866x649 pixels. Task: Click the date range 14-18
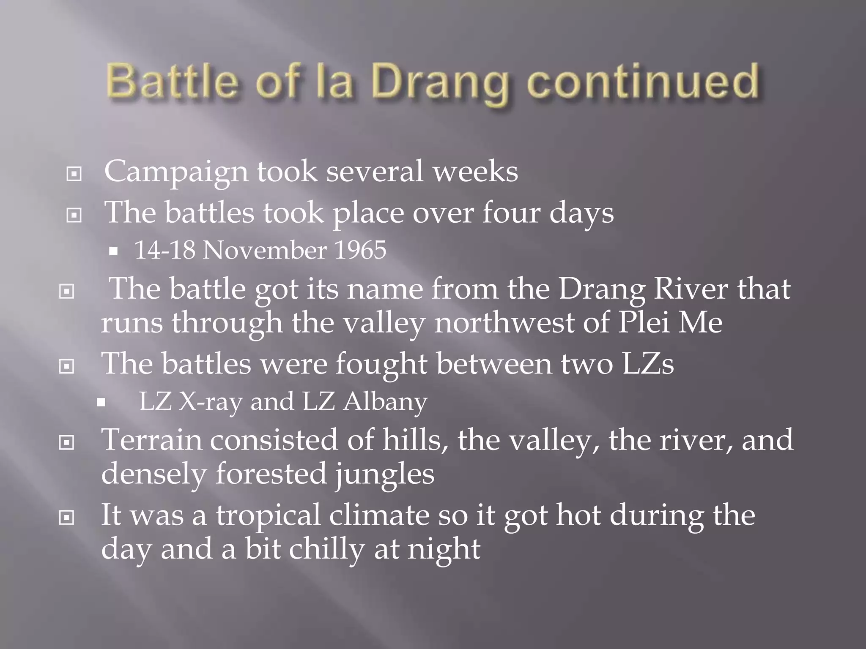165,250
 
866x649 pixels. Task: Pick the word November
264,250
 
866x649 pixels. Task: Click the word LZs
648,363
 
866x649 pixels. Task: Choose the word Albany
385,401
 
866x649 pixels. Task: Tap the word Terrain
151,440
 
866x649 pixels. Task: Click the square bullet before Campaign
74,174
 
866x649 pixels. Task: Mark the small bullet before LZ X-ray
101,403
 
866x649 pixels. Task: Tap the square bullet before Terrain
67,442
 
